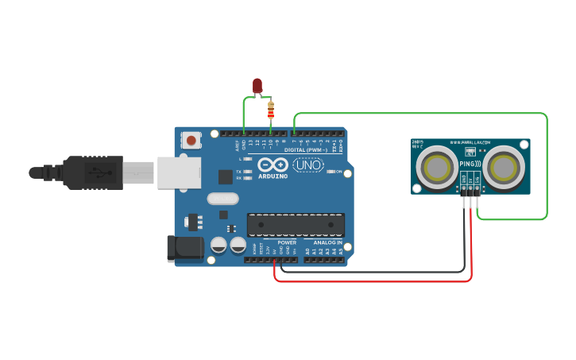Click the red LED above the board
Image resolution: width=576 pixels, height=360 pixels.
[257, 85]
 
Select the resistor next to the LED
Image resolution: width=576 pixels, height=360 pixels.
[271, 110]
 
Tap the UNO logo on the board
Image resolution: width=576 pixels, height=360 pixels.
[307, 165]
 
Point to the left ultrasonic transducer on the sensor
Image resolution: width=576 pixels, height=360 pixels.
[436, 168]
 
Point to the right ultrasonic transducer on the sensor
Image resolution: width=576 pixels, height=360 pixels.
[504, 168]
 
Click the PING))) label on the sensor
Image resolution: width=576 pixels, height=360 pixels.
[470, 164]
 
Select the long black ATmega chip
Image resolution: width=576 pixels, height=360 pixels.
[296, 225]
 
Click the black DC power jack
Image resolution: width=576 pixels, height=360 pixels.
[184, 249]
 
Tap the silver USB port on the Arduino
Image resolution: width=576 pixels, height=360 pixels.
[180, 172]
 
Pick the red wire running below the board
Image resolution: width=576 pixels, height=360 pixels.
[373, 281]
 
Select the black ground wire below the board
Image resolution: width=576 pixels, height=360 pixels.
[373, 272]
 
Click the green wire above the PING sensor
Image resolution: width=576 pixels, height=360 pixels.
[421, 114]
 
